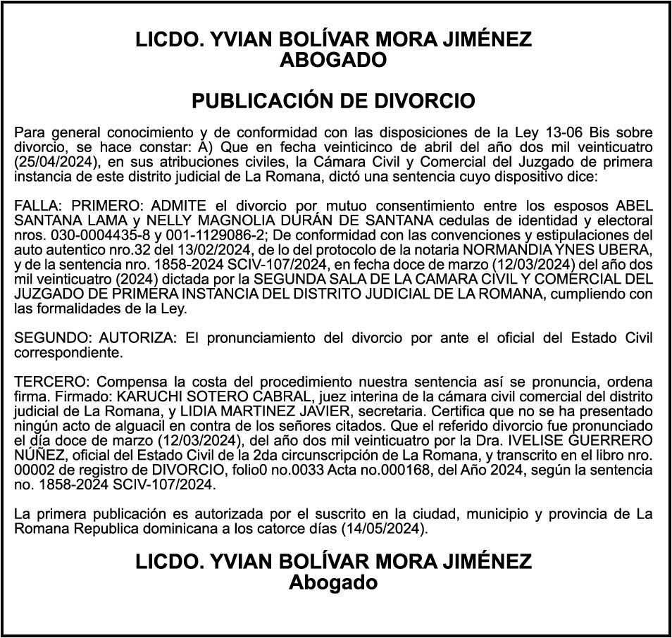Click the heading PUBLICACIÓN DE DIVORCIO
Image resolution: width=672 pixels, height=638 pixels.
pyautogui.click(x=334, y=101)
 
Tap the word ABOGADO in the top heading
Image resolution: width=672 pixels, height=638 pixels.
pyautogui.click(x=334, y=61)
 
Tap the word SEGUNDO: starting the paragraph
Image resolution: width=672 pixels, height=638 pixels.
pyautogui.click(x=53, y=338)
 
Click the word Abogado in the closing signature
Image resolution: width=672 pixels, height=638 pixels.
pyautogui.click(x=334, y=582)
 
